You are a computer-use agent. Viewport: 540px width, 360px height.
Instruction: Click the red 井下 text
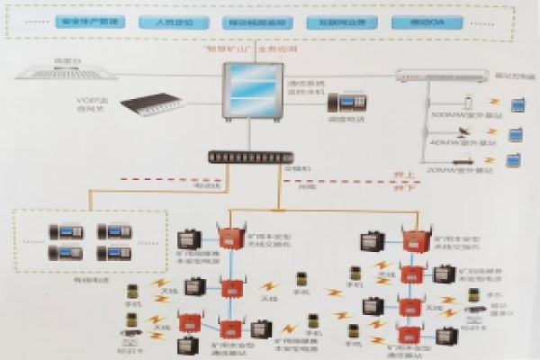(388, 189)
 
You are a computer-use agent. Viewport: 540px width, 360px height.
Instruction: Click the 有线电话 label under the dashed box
(91, 278)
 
